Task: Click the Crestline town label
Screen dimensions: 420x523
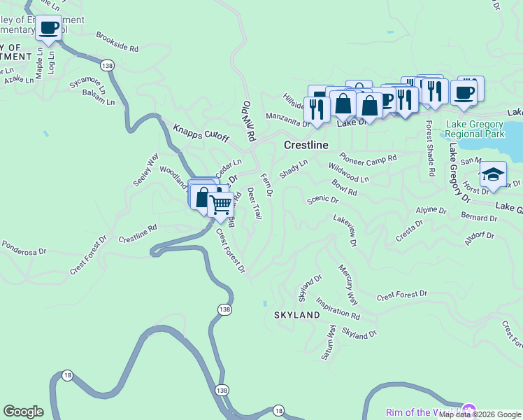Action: (x=306, y=145)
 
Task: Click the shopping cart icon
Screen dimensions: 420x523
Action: (x=221, y=204)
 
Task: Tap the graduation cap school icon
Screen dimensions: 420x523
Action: (x=493, y=174)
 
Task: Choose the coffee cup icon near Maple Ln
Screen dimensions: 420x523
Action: (x=48, y=28)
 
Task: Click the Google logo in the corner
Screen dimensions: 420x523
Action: (x=23, y=412)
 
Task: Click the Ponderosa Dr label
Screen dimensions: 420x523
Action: (x=23, y=248)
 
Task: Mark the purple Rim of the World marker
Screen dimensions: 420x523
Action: (x=469, y=410)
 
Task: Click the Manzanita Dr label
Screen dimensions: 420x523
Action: (x=287, y=119)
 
